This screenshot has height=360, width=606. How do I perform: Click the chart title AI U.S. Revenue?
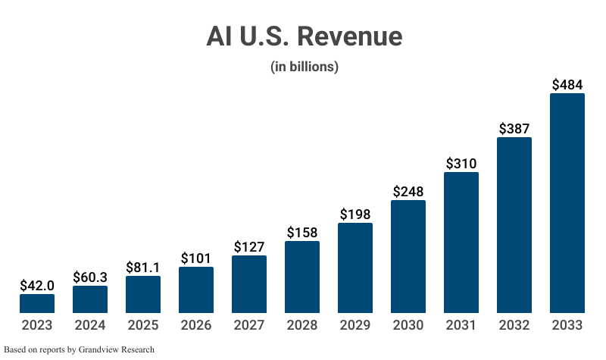tap(304, 36)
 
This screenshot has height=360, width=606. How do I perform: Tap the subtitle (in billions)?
tap(304, 67)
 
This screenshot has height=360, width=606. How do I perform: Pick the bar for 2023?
tap(37, 304)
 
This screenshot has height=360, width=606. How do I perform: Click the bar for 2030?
tap(408, 257)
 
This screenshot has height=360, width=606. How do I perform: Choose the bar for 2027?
tap(249, 284)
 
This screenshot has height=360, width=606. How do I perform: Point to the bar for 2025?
tap(143, 295)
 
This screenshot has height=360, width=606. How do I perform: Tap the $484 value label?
tap(567, 84)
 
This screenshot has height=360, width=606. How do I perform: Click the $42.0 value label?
tap(37, 285)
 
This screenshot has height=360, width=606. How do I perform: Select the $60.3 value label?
tap(90, 277)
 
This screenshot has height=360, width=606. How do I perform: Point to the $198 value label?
tap(355, 214)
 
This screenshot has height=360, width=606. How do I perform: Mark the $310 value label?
tap(461, 163)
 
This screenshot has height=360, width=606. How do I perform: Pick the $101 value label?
tap(196, 258)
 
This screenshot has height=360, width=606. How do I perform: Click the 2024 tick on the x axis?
tap(90, 325)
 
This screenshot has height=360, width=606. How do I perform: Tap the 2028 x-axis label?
tap(302, 325)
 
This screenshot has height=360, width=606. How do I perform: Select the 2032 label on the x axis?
tap(514, 325)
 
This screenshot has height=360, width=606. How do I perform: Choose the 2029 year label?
tap(355, 325)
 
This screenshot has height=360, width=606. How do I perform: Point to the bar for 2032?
tap(514, 225)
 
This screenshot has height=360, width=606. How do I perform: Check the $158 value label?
tap(302, 232)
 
